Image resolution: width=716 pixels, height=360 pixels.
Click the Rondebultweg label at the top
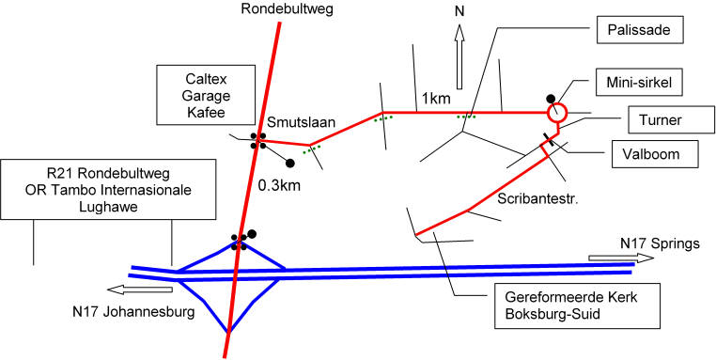pyautogui.click(x=288, y=8)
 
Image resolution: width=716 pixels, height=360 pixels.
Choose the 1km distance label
pyautogui.click(x=436, y=98)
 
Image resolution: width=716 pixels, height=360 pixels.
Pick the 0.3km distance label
pyautogui.click(x=280, y=186)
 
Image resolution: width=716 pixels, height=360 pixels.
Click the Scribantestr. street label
pyautogui.click(x=538, y=199)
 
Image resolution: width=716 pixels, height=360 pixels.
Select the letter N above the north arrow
pyautogui.click(x=459, y=11)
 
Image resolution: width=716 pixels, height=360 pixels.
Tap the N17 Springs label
pyautogui.click(x=660, y=243)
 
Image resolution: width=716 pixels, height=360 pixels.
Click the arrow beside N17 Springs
pyautogui.click(x=620, y=258)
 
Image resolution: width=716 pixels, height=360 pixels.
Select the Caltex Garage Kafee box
pyautogui.click(x=206, y=95)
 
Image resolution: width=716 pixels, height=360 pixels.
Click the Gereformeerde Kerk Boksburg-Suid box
pyautogui.click(x=570, y=305)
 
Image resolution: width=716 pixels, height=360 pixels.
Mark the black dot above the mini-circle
pyautogui.click(x=552, y=98)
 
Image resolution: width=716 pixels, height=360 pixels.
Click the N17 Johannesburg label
pyautogui.click(x=133, y=313)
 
